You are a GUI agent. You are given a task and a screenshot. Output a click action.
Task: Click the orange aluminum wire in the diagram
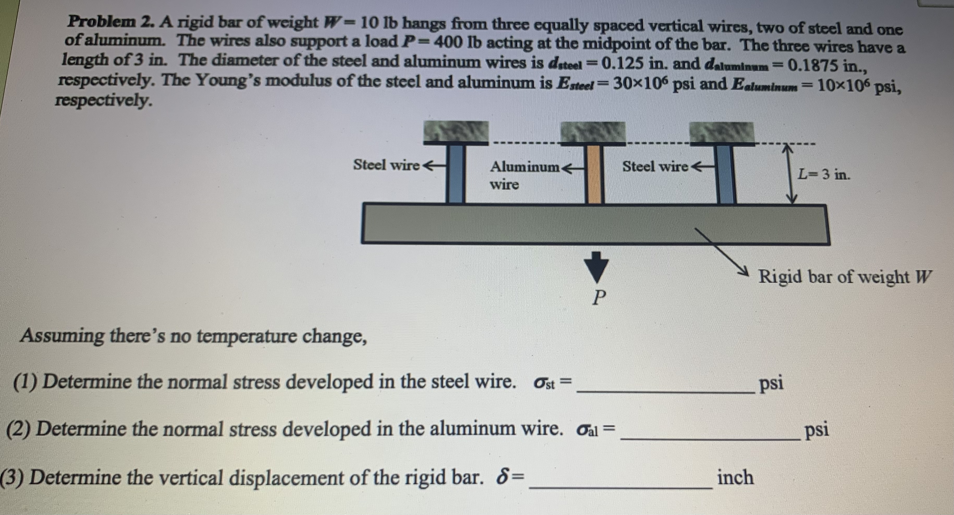[594, 174]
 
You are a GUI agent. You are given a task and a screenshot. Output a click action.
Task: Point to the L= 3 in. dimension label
[824, 174]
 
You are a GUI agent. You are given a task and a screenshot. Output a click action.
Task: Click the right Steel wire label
[655, 166]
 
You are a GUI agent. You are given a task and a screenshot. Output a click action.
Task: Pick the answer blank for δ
[620, 482]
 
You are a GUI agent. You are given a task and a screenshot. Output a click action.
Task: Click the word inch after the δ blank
[735, 477]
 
